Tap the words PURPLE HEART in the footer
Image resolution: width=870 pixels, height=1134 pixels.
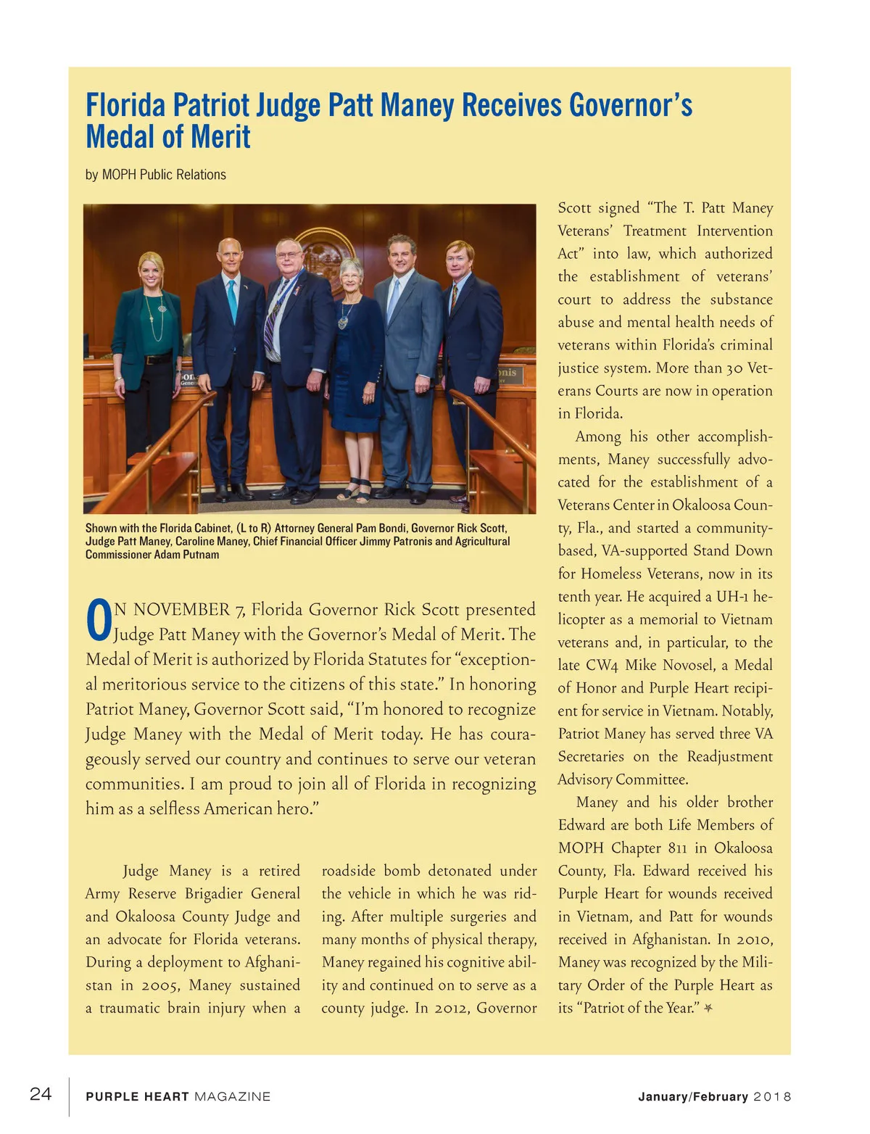coord(137,1096)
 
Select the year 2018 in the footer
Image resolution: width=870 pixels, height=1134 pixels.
coord(773,1096)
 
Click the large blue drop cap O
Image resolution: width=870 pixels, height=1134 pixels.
coord(99,622)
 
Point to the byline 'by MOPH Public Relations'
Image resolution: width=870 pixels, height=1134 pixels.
coord(156,175)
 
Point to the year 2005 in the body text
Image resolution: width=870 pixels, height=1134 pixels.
coord(159,985)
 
